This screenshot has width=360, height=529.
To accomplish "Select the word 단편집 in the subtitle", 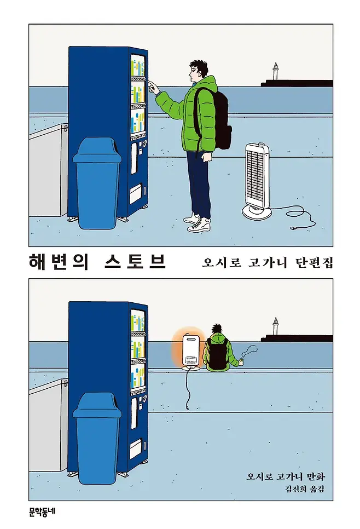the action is pos(314,263).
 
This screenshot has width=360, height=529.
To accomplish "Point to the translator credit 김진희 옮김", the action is pos(305,489).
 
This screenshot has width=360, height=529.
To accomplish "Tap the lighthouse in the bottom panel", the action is pos(275,326).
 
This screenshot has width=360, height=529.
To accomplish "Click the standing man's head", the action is pos(198,71).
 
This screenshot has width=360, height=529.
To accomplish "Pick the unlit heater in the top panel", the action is pos(257,181).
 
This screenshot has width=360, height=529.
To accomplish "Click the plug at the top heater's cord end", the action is pos(294,228).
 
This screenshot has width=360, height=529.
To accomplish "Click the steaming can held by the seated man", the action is pos(242,363).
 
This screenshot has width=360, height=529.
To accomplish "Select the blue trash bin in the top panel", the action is pos(97,183).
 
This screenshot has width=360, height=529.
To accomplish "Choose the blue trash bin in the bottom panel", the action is pos(97,438).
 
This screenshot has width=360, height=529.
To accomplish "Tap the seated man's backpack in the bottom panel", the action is pos(217,353).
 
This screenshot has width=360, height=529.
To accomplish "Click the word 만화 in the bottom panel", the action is pos(316,476).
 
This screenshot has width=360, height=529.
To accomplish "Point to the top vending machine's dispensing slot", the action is pos(137,194).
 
